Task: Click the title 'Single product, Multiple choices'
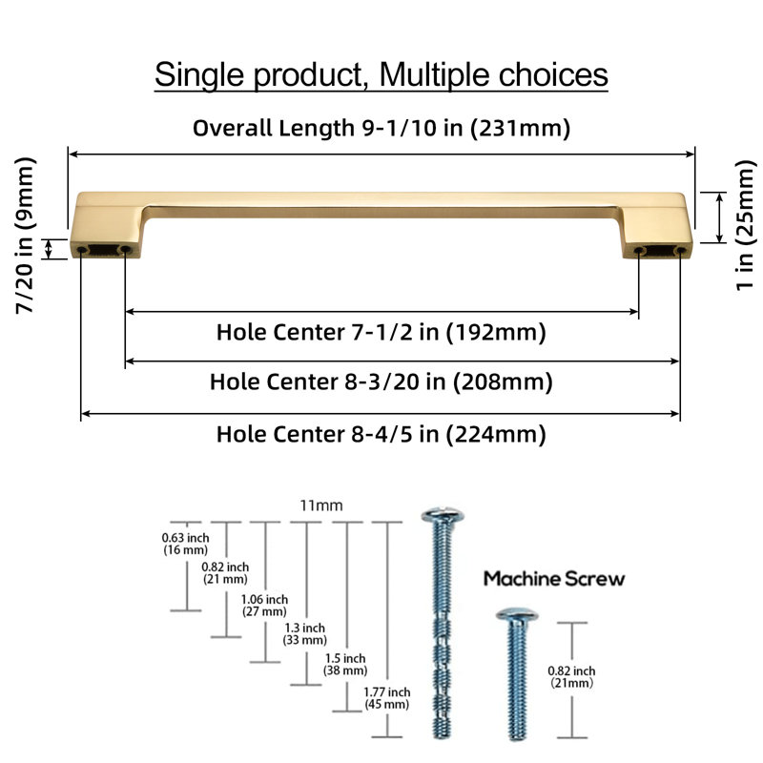point(381,75)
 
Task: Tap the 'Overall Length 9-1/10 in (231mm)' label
point(381,129)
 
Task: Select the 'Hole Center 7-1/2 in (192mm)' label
point(381,332)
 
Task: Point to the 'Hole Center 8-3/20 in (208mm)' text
point(381,382)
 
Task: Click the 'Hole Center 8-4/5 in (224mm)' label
point(381,435)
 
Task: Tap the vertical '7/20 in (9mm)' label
point(26,236)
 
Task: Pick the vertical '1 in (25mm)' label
point(745,226)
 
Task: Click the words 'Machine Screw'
point(554,579)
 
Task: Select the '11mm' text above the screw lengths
point(321,506)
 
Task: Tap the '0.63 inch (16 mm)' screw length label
point(185,544)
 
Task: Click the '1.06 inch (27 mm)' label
point(265,606)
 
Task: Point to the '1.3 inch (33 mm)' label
point(304,634)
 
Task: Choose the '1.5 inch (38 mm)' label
point(345,664)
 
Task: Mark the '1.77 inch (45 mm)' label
point(387,698)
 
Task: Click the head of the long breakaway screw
point(443,515)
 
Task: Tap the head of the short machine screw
point(517,614)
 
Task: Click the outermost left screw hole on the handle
point(82,250)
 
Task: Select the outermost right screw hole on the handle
point(680,251)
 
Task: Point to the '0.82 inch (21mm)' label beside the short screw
point(571,677)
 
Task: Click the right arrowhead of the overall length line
point(691,155)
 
